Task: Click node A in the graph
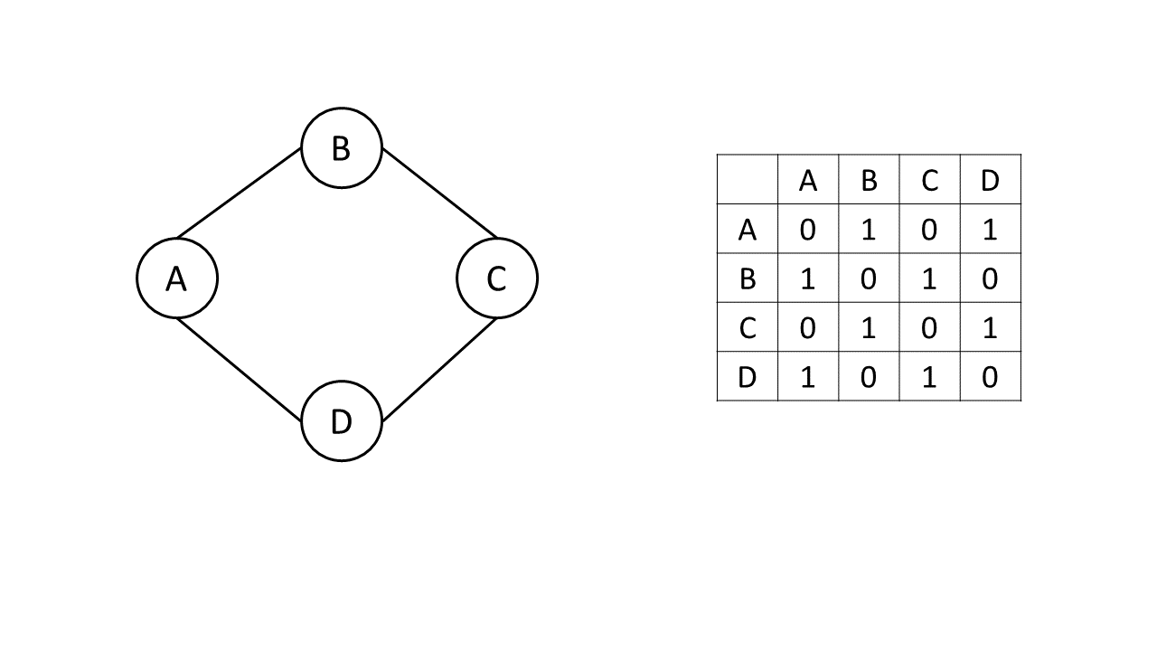(177, 278)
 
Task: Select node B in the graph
(342, 147)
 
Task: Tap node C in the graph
(497, 278)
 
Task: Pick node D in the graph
(342, 421)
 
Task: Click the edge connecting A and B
(240, 193)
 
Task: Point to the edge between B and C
(439, 193)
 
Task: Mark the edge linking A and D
(240, 370)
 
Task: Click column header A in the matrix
(808, 180)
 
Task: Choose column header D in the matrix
(990, 180)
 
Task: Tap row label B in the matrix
(748, 278)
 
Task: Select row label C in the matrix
(748, 327)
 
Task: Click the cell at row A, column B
(869, 230)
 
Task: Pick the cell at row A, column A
(808, 230)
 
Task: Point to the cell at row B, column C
(929, 278)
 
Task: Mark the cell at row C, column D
(990, 327)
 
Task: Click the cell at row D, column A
(808, 376)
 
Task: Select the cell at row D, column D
(990, 376)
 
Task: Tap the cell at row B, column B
(869, 278)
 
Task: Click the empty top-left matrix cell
(748, 180)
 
